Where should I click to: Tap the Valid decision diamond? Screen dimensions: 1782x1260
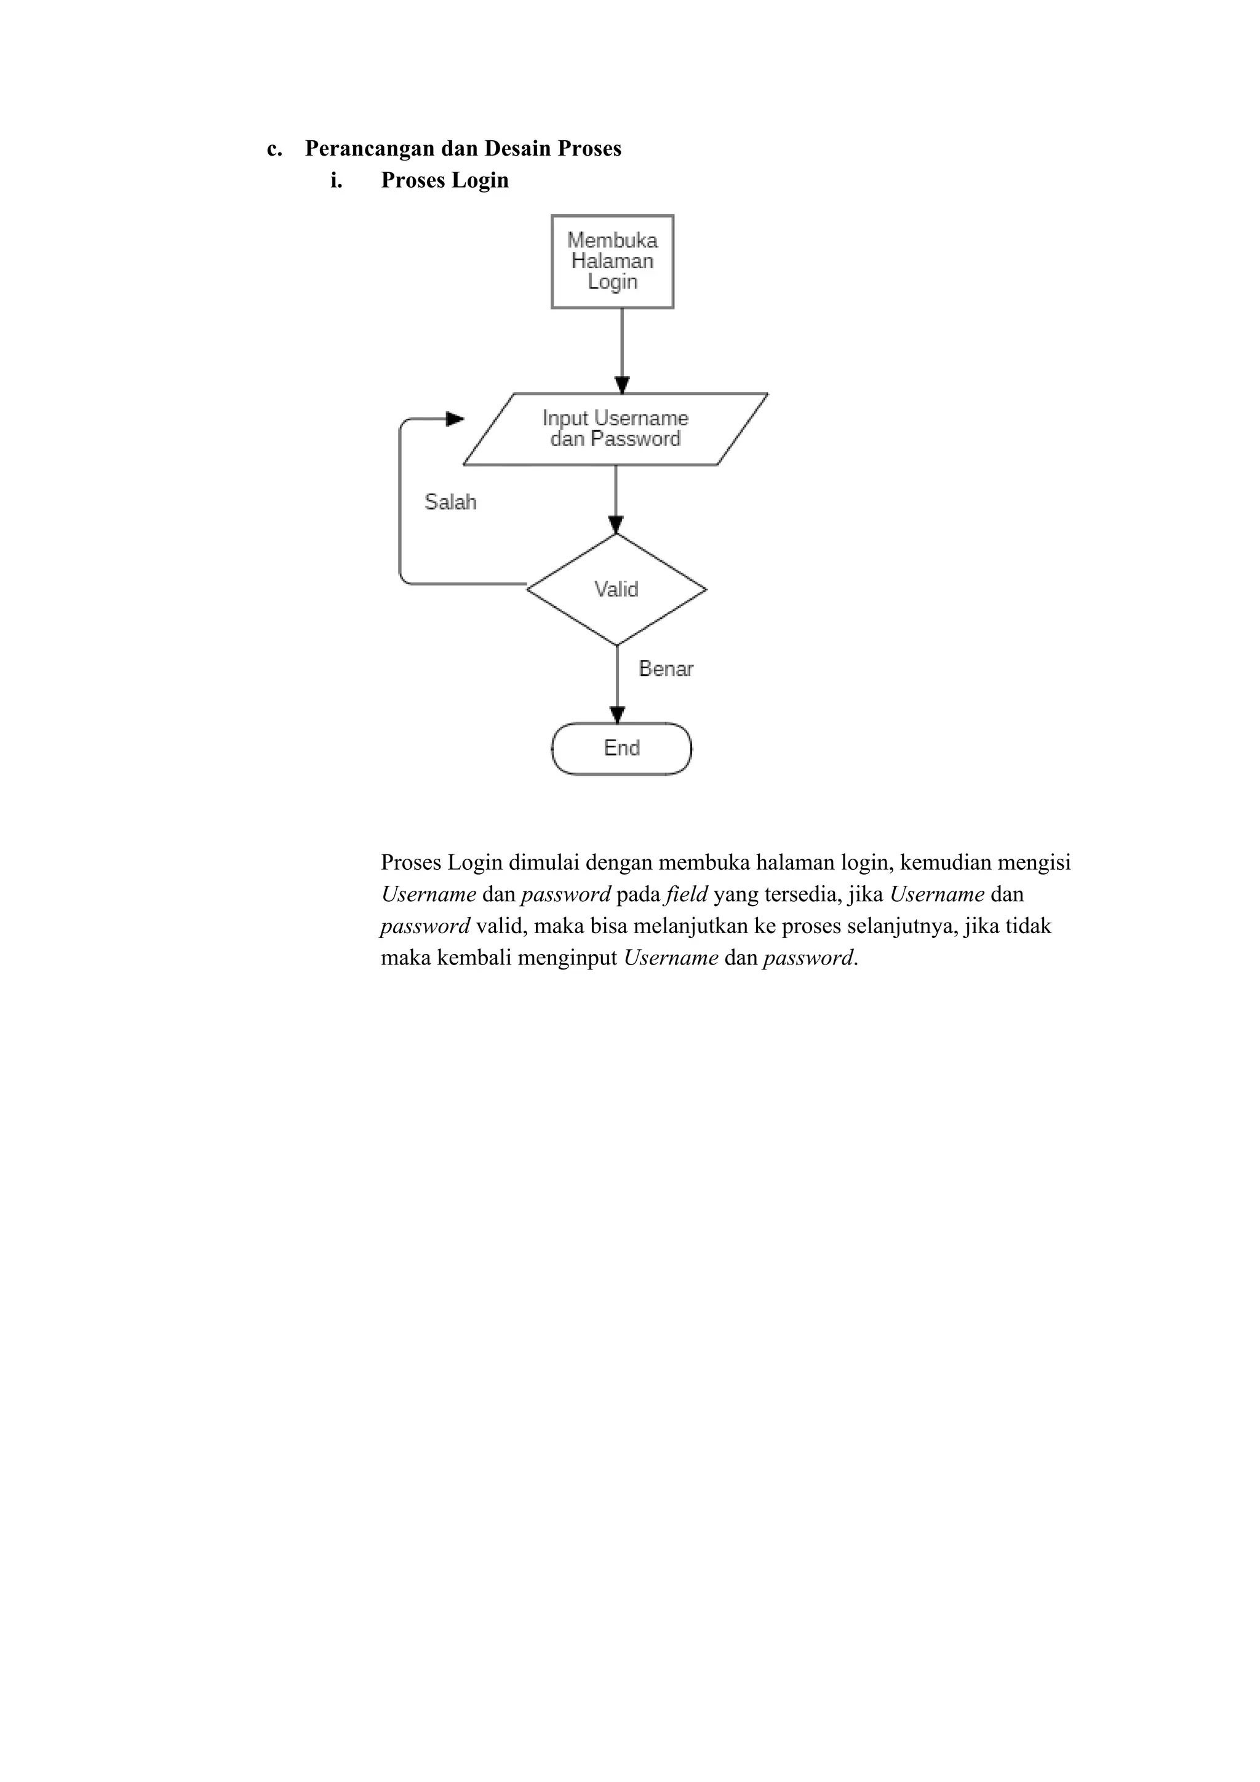point(616,590)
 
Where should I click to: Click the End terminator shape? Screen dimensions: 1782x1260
point(621,748)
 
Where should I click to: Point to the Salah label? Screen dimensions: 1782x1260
point(450,502)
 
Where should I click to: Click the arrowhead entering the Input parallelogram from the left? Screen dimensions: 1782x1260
point(455,419)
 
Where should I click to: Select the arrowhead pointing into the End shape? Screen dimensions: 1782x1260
point(617,715)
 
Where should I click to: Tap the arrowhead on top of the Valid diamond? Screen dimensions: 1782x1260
point(616,525)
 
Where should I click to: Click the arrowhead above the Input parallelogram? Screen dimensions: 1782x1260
point(622,385)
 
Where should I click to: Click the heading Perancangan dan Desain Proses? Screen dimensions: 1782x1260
point(463,148)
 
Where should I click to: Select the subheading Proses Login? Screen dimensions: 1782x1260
point(445,180)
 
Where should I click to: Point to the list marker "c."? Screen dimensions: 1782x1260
point(274,149)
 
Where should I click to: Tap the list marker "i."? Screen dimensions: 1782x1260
point(336,181)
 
